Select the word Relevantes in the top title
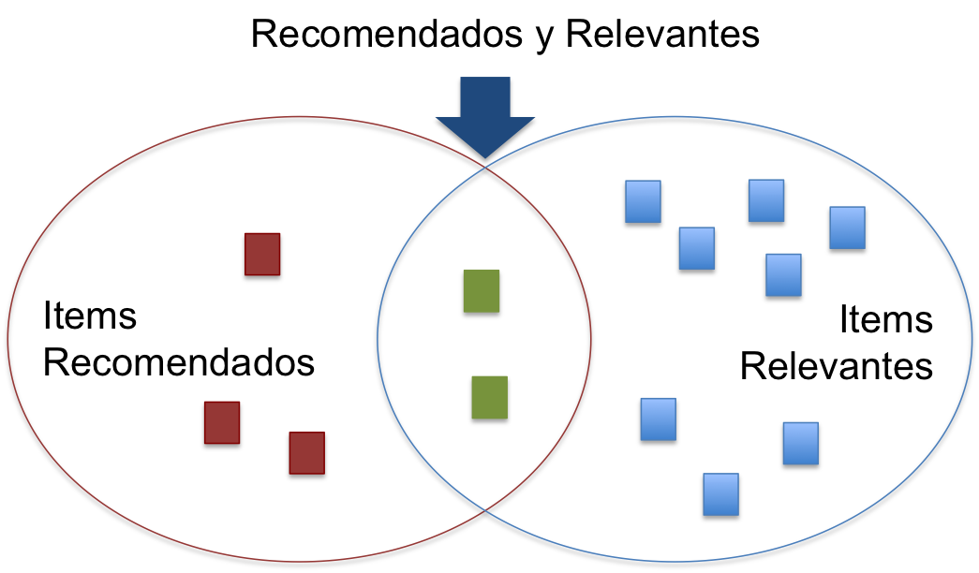pyautogui.click(x=662, y=35)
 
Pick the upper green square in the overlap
pyautogui.click(x=481, y=293)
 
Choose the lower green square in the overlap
pyautogui.click(x=489, y=399)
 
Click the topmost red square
pyautogui.click(x=261, y=256)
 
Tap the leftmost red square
pyautogui.click(x=222, y=424)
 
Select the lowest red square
pyautogui.click(x=307, y=454)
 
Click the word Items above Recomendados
pyautogui.click(x=90, y=316)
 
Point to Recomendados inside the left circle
pyautogui.click(x=179, y=361)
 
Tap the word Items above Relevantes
pyautogui.click(x=885, y=320)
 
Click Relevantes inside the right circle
pyautogui.click(x=837, y=366)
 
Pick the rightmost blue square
pyautogui.click(x=847, y=228)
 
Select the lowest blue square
pyautogui.click(x=720, y=495)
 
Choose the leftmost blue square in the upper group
pyautogui.click(x=643, y=203)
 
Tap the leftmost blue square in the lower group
pyautogui.click(x=659, y=420)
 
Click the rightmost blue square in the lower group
pyautogui.click(x=801, y=444)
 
